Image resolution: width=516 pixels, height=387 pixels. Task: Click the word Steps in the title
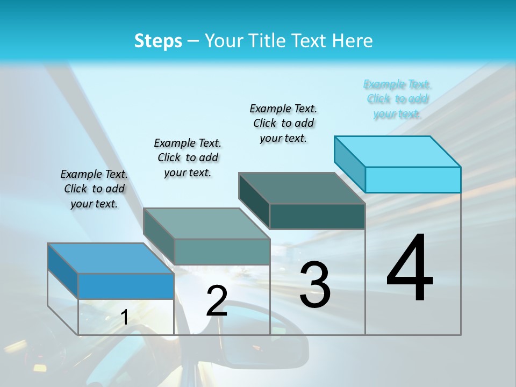pyautogui.click(x=158, y=41)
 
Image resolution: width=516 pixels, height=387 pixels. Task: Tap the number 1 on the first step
pyautogui.click(x=124, y=318)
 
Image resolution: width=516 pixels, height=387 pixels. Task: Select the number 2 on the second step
pyautogui.click(x=217, y=301)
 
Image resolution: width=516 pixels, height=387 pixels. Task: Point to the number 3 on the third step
pyautogui.click(x=315, y=285)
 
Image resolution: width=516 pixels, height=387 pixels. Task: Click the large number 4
pyautogui.click(x=410, y=269)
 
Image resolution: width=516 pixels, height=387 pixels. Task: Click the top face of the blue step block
pyautogui.click(x=110, y=258)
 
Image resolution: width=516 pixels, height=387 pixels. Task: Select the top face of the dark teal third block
pyautogui.click(x=302, y=188)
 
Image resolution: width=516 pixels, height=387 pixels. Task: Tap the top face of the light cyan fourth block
pyautogui.click(x=398, y=151)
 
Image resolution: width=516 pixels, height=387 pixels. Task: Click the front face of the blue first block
pyautogui.click(x=126, y=286)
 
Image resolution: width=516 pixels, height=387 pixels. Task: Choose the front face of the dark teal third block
pyautogui.click(x=317, y=216)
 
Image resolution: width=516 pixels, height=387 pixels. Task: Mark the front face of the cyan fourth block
pyautogui.click(x=413, y=180)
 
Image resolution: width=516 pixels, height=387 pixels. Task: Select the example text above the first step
pyautogui.click(x=94, y=189)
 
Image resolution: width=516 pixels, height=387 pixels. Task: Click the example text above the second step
pyautogui.click(x=188, y=157)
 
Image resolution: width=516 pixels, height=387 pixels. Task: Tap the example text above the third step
pyautogui.click(x=283, y=123)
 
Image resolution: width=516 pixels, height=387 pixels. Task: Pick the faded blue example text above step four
pyautogui.click(x=397, y=99)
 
